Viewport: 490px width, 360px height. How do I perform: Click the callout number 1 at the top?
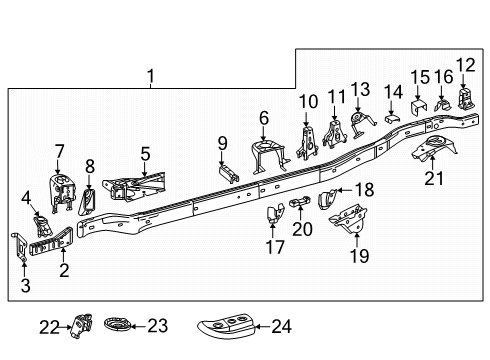pyautogui.click(x=151, y=76)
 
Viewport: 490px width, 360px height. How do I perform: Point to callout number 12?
pyautogui.click(x=465, y=66)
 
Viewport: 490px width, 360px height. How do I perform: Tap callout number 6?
pyautogui.click(x=264, y=117)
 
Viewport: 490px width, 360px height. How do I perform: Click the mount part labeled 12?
pyautogui.click(x=465, y=99)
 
